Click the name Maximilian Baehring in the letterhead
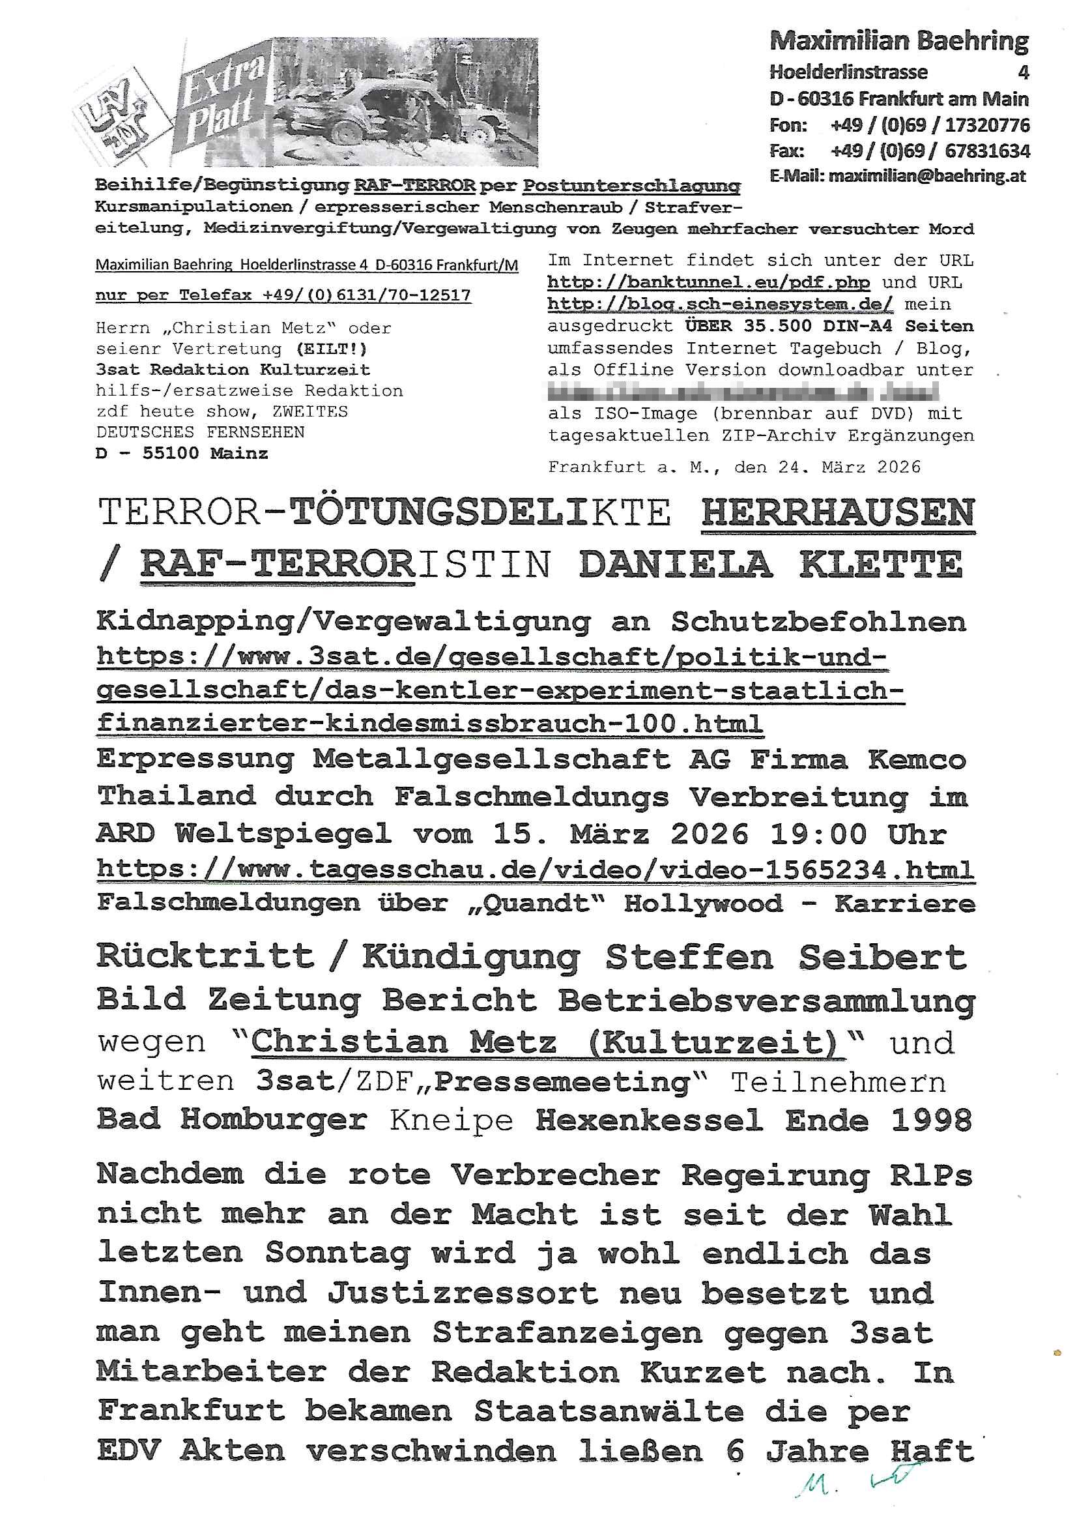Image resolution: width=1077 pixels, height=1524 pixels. click(x=898, y=42)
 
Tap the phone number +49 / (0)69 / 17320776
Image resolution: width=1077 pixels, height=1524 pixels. click(x=930, y=125)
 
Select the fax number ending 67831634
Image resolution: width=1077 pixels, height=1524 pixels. click(x=930, y=151)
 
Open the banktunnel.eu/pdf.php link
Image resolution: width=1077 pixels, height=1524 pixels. click(x=708, y=282)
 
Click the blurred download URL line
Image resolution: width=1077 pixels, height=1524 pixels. click(x=743, y=392)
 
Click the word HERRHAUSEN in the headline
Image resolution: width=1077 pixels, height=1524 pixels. click(x=837, y=512)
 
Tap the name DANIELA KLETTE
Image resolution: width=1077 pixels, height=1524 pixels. click(x=769, y=565)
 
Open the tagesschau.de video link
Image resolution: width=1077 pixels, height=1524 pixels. click(x=535, y=868)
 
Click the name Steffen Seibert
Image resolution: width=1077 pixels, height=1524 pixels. click(x=785, y=957)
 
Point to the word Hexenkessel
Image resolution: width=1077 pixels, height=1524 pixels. click(x=648, y=1121)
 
